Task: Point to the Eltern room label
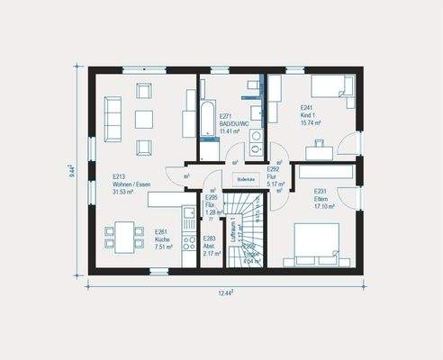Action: pos(324,199)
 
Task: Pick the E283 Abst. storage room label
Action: pos(209,246)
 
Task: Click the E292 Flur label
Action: pos(275,174)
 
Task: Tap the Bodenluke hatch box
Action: pos(246,180)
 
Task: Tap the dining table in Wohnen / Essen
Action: pos(123,238)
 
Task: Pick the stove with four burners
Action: pos(189,243)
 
